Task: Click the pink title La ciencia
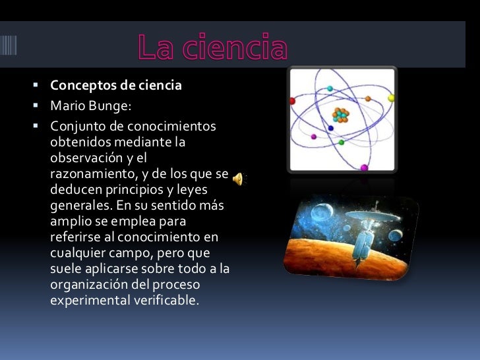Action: point(212,47)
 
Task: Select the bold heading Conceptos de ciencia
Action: point(116,86)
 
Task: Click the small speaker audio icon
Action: point(237,178)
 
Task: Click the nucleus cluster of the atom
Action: point(340,115)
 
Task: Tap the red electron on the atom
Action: point(293,102)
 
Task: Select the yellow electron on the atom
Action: point(391,98)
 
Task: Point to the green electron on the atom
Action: point(341,142)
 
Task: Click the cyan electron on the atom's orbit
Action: point(330,88)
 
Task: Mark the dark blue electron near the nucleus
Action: point(330,128)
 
